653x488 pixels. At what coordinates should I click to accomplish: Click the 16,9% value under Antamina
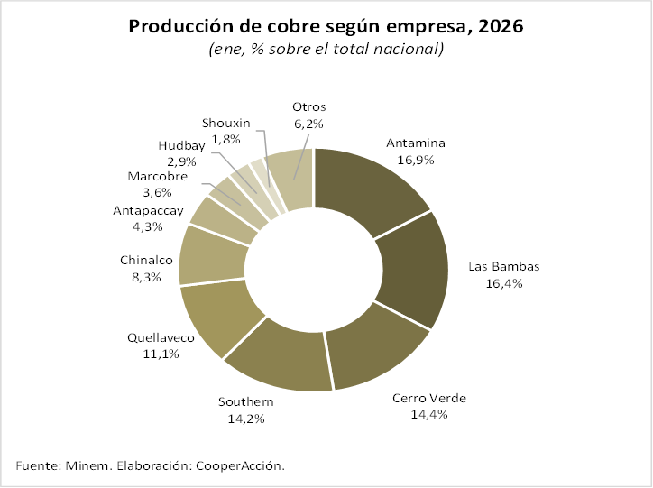[x=416, y=159]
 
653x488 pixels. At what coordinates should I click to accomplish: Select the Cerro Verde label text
[x=429, y=399]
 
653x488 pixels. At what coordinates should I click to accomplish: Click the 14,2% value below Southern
[x=247, y=418]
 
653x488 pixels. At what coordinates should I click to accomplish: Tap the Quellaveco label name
[x=161, y=338]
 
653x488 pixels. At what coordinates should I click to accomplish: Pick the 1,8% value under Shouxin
[x=225, y=139]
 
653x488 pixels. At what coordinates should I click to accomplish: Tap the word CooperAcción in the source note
[x=244, y=465]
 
